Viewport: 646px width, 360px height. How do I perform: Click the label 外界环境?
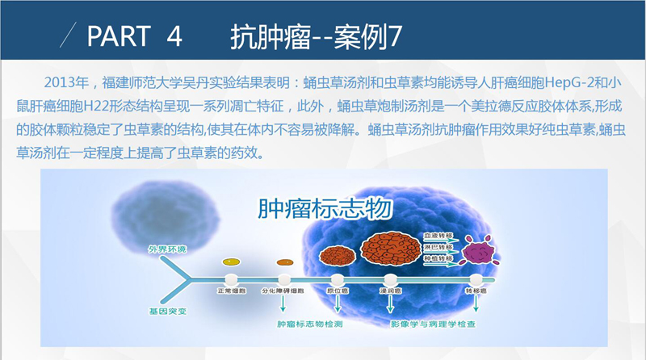167,249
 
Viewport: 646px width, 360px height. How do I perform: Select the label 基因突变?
167,312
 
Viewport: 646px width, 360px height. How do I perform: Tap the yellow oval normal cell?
231,262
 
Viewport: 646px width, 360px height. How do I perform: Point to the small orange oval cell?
285,262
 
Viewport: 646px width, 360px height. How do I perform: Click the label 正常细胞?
232,291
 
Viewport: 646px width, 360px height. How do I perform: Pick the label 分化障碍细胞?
283,291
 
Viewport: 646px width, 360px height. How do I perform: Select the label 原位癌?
338,291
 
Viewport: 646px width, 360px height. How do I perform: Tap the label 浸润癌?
391,291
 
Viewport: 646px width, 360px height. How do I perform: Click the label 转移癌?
476,291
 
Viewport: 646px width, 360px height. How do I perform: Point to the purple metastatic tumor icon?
480,250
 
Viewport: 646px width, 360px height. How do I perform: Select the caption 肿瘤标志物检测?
310,324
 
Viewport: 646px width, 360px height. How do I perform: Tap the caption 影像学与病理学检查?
433,324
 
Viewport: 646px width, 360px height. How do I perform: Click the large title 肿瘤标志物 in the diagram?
325,208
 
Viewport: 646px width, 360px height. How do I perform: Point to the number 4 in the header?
174,36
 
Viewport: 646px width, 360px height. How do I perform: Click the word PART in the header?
119,36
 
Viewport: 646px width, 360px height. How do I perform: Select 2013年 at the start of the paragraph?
66,83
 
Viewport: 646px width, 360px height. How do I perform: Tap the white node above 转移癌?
476,279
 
